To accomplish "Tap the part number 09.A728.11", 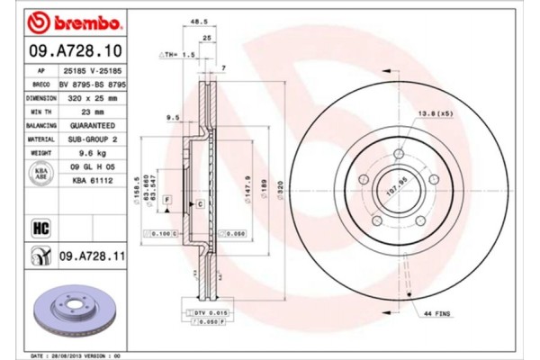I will (90, 259).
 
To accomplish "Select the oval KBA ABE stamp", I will (40, 174).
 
